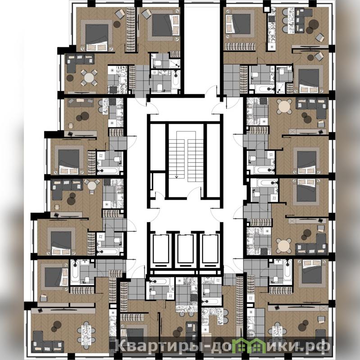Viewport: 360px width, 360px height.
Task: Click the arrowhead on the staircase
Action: pos(177,177)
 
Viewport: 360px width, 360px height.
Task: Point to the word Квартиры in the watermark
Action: pos(159,346)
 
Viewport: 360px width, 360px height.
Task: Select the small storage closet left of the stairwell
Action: pos(158,185)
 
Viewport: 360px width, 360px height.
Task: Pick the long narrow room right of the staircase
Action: pos(213,160)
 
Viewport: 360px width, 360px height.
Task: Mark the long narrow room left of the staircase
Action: pos(158,147)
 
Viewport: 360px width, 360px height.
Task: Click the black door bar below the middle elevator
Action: pos(186,265)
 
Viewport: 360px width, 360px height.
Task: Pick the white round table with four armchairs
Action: pos(89,77)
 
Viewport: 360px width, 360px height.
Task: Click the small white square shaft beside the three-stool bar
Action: pos(267,9)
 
